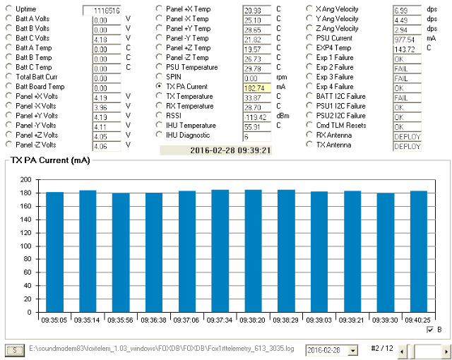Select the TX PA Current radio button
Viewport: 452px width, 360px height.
coord(160,86)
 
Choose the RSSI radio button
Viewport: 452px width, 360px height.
coord(160,115)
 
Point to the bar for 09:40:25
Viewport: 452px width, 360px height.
coord(419,250)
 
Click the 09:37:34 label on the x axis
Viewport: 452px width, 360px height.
coord(220,318)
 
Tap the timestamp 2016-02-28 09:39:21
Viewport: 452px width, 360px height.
coord(216,150)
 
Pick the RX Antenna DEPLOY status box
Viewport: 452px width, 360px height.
coord(407,135)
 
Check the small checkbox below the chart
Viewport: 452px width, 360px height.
coord(431,330)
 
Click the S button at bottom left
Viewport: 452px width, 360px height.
coord(13,350)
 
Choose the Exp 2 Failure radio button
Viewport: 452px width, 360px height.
coord(311,67)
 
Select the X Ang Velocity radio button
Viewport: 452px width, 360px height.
coord(311,10)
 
